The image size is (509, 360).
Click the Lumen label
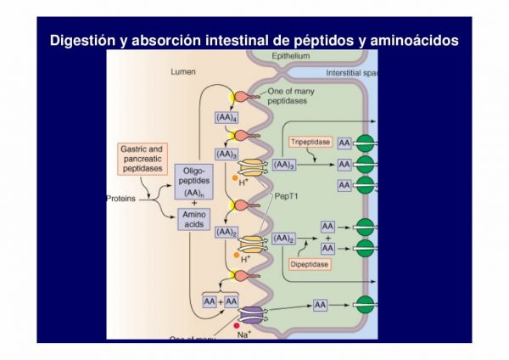(x=182, y=72)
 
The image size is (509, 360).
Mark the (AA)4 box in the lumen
(x=227, y=116)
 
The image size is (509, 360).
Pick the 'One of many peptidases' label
(x=287, y=95)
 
